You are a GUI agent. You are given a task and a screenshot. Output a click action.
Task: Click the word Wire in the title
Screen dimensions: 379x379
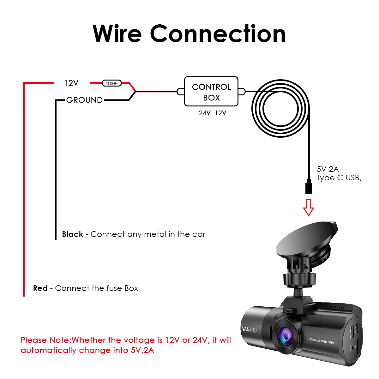tap(117, 33)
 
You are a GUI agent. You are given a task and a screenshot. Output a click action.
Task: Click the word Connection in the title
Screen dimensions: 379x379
tap(218, 33)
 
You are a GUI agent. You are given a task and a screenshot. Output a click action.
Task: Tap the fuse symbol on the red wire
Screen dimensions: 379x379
tap(111, 83)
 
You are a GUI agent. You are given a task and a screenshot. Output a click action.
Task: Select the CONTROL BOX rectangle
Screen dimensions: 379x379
tap(211, 91)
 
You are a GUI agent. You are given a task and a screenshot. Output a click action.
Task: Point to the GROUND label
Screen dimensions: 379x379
tap(84, 100)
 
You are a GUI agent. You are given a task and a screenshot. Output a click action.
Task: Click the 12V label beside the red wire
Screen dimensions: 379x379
tap(71, 83)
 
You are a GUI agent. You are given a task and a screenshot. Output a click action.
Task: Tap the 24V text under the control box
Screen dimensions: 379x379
tap(205, 113)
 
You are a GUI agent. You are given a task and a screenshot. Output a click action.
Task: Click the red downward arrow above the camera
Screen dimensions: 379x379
tap(308, 208)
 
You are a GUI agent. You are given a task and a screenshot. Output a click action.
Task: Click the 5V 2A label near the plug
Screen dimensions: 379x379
tap(328, 169)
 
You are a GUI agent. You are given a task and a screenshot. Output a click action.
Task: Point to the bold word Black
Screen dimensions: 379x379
tap(73, 234)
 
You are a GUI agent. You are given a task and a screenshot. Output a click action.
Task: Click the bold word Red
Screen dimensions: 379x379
tap(40, 288)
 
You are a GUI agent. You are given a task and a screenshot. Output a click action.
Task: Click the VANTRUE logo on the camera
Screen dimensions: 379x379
tap(250, 330)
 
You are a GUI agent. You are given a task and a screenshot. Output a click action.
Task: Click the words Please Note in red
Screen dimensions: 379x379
tap(45, 340)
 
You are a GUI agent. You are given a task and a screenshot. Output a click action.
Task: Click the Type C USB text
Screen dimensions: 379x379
tap(339, 178)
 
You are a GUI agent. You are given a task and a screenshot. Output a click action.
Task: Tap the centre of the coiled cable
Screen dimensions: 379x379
tap(280, 109)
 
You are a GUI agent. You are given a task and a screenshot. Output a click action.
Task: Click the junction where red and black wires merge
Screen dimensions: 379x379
tap(135, 92)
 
